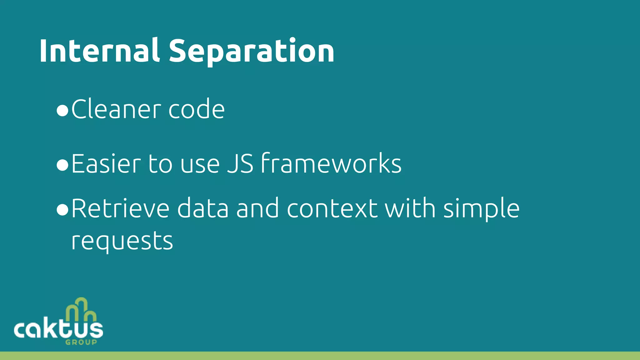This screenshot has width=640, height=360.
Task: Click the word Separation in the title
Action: tap(252, 51)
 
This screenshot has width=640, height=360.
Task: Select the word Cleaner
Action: tap(117, 109)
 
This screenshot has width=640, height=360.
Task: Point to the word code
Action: tap(197, 109)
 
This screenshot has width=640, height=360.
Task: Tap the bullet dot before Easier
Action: tap(62, 165)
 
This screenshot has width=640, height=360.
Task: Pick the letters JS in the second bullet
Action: tap(240, 163)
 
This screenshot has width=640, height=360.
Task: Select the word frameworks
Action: tap(331, 163)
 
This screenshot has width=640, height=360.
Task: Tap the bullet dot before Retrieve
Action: tap(62, 211)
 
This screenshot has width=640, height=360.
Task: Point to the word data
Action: tap(203, 209)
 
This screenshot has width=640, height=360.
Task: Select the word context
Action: tap(332, 209)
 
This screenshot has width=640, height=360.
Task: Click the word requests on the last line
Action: tap(122, 242)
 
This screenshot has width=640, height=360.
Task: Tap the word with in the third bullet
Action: tap(410, 209)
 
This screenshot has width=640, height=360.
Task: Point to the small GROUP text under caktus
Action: tap(81, 342)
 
